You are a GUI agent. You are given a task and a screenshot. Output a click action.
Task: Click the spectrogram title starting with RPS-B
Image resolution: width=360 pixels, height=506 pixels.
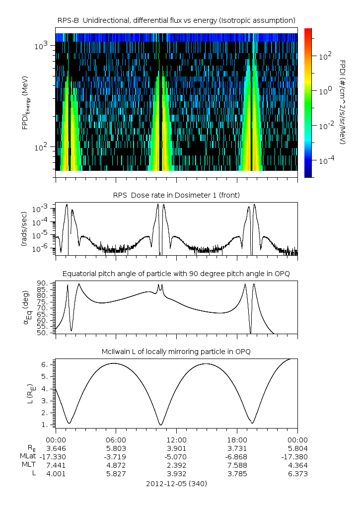click(x=176, y=20)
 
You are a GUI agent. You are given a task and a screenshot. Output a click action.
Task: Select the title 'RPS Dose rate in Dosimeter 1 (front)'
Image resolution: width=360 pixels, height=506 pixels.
click(x=176, y=195)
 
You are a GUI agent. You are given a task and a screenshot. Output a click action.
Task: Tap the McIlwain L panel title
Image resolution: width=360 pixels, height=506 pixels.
click(x=176, y=352)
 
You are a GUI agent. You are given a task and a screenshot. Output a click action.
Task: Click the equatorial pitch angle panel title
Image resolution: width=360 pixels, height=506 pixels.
click(x=176, y=274)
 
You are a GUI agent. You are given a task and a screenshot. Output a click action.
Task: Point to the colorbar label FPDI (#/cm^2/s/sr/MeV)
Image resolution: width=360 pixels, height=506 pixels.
click(x=342, y=102)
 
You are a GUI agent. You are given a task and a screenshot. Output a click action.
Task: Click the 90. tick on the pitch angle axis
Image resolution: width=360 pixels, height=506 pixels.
click(x=43, y=283)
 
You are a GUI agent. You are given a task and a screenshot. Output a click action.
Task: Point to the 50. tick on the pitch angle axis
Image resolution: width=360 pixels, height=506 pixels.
click(x=43, y=333)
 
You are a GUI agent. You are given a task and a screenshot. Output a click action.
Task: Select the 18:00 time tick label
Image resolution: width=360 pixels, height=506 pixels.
click(x=237, y=440)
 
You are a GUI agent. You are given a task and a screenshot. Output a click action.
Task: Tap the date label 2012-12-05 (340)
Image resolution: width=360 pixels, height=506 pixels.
click(x=176, y=484)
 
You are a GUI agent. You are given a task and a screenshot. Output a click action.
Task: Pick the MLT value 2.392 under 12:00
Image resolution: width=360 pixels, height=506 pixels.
click(x=176, y=465)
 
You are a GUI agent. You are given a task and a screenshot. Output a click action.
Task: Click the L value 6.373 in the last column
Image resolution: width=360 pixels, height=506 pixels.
click(x=297, y=474)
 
